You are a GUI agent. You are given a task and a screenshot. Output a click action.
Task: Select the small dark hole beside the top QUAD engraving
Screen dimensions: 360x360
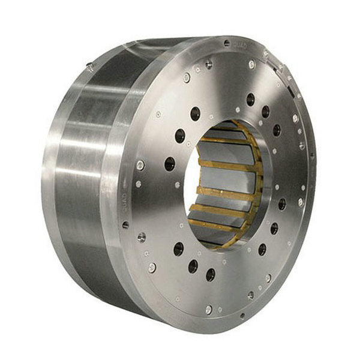[226, 43]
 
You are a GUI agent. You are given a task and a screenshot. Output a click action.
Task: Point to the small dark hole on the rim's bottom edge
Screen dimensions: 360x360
[242, 315]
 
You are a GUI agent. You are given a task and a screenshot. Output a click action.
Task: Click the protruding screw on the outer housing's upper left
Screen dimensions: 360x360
[89, 65]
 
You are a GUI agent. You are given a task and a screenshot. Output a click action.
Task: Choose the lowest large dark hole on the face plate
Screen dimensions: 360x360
[211, 274]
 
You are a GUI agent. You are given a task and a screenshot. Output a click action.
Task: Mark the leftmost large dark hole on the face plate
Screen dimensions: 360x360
[170, 163]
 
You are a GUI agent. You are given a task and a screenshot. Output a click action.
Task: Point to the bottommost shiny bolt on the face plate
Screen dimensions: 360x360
[208, 310]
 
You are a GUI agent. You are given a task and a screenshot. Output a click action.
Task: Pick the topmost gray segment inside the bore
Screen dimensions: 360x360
[225, 133]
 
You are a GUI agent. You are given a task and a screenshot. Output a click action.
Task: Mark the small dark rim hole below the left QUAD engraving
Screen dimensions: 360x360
[125, 225]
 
